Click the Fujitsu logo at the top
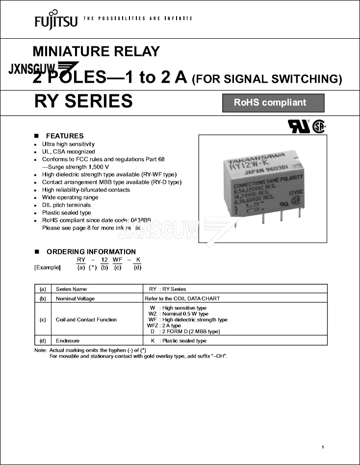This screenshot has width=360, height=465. coord(55,19)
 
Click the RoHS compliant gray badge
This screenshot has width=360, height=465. coord(273,103)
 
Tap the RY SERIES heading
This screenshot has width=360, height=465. coord(83,101)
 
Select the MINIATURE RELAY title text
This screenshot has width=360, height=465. coord(96,51)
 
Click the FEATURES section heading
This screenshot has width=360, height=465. coord(65,136)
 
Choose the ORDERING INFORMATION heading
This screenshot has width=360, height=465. coord(91,252)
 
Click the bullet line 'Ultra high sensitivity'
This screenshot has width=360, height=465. coord(68,144)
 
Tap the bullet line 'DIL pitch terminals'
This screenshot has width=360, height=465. coord(66,205)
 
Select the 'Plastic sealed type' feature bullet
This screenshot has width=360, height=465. coord(66,213)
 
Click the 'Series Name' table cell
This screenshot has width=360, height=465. coord(71,289)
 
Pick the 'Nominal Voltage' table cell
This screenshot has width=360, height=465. coord(75,298)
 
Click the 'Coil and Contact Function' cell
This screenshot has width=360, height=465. coord(86,319)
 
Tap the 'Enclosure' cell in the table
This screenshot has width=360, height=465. coord(68,341)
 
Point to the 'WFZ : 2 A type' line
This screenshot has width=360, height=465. coord(164,325)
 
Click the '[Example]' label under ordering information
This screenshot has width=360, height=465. coord(48,268)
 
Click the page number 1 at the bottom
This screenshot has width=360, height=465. coord(323,447)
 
